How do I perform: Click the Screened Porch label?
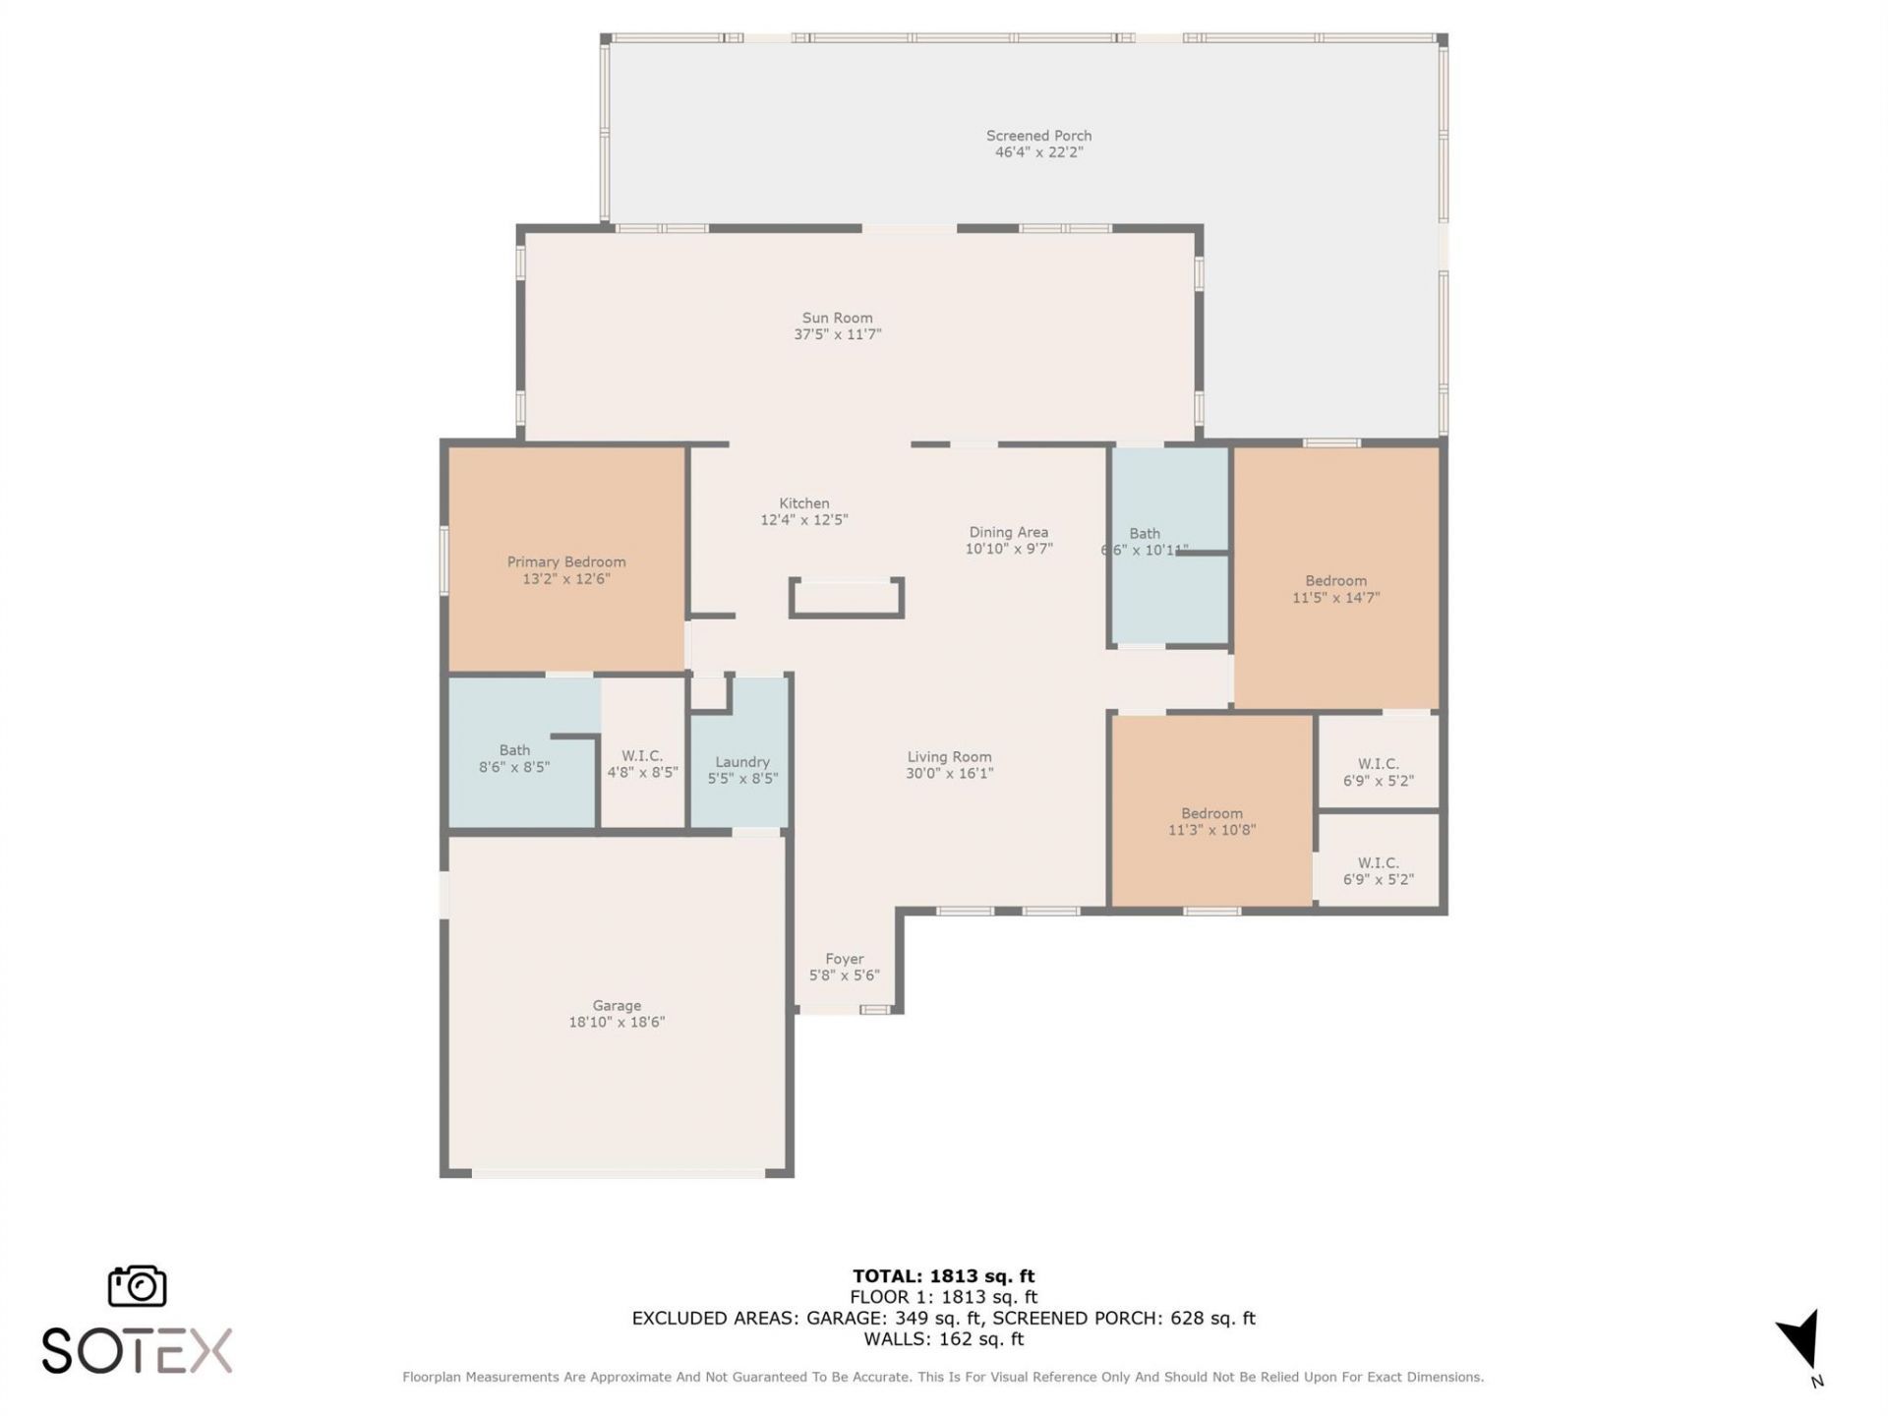[x=1038, y=136]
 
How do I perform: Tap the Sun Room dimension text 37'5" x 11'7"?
[x=837, y=334]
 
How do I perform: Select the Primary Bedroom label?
[x=565, y=561]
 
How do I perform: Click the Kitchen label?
[x=803, y=503]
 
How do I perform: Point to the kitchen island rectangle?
[x=846, y=598]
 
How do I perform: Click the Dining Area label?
[x=1008, y=532]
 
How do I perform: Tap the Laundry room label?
[x=741, y=762]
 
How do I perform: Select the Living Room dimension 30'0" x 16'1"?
[x=949, y=774]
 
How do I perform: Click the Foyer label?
[x=844, y=959]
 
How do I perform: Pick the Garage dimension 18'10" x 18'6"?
[x=617, y=1022]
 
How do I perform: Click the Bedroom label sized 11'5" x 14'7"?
[x=1335, y=580]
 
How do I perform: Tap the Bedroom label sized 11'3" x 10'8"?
[x=1211, y=813]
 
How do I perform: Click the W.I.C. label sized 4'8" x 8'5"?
[x=641, y=756]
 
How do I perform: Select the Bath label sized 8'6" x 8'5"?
[x=514, y=750]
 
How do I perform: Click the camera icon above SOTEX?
[x=137, y=1286]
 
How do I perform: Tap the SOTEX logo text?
[x=137, y=1350]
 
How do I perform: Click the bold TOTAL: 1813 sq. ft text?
[x=943, y=1276]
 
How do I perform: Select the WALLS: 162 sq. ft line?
[x=943, y=1339]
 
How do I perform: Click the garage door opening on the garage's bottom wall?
[x=618, y=1173]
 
